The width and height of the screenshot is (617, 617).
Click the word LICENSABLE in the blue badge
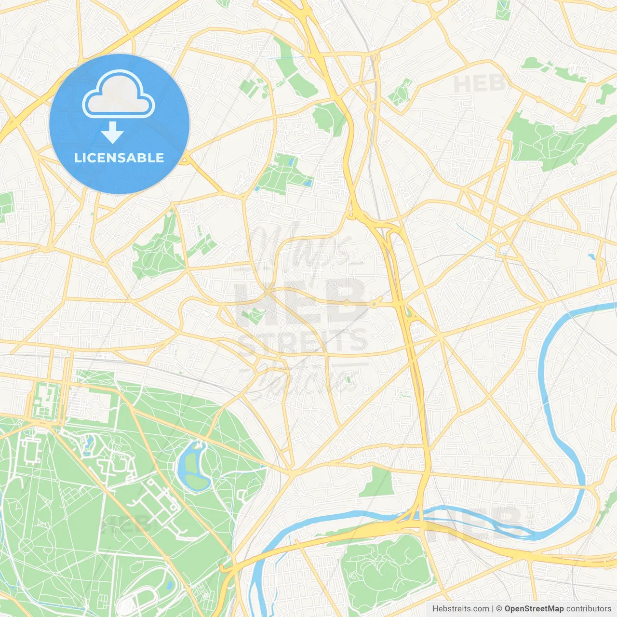coord(119,158)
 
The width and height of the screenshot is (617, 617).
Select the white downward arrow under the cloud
coord(112,132)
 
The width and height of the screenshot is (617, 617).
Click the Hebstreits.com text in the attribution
coord(460,609)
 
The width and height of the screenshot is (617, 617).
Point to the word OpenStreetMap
coord(534,609)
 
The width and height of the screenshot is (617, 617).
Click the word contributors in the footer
coord(589,609)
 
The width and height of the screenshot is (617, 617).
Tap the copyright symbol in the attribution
coord(499,609)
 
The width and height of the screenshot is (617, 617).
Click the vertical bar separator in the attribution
coord(492,609)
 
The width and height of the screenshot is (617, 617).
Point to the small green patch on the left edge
coord(6,205)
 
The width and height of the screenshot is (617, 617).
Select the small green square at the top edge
coord(503,10)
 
